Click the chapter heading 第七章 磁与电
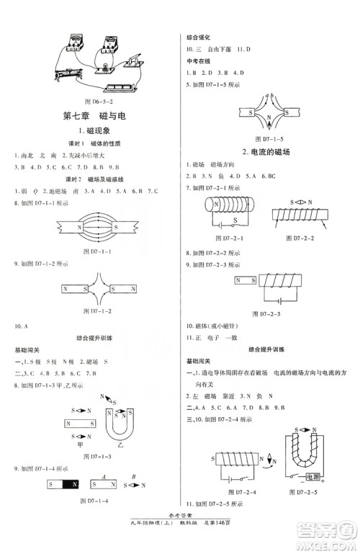tap(92, 116)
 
